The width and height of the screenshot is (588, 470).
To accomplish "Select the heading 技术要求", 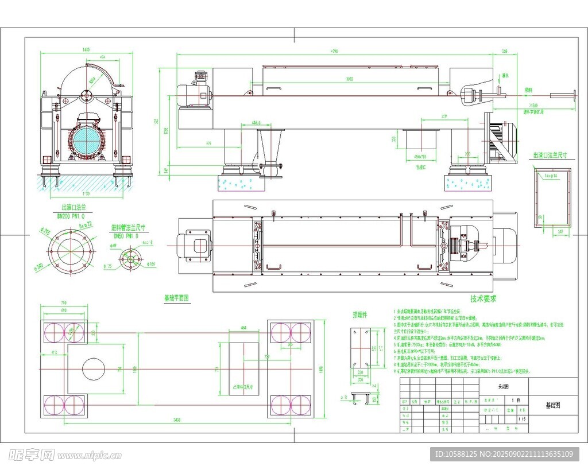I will (483, 299).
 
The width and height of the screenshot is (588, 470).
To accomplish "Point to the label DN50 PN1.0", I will (125, 236).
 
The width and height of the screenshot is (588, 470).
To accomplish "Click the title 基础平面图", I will (176, 298).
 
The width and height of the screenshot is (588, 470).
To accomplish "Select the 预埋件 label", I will (359, 314).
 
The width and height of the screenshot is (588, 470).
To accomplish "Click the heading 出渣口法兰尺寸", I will (550, 156).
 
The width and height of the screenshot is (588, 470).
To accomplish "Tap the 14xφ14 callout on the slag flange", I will (551, 176).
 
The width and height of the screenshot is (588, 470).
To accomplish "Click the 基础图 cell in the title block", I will (552, 405).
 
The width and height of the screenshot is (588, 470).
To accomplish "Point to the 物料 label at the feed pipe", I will (528, 90).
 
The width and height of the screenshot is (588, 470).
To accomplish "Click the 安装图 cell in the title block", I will (504, 387).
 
